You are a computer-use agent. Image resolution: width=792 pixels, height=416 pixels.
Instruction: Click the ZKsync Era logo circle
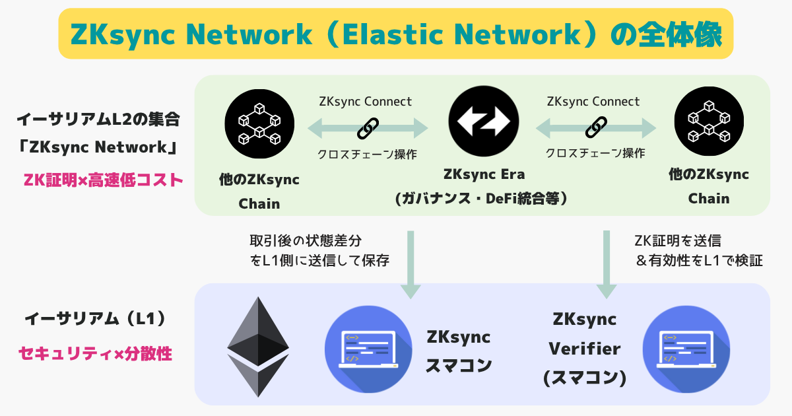click(x=484, y=122)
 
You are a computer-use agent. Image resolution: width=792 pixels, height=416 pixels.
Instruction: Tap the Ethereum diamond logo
click(x=258, y=347)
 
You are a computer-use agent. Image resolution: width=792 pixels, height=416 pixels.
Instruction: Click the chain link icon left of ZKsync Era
click(x=367, y=127)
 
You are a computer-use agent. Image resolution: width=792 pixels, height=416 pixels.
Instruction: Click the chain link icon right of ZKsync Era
click(x=595, y=127)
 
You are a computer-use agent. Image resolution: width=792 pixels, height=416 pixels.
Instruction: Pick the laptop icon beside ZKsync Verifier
click(x=686, y=350)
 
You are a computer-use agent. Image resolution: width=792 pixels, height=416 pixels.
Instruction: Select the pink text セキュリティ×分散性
click(x=96, y=354)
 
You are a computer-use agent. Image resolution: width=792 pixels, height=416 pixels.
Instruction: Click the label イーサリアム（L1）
click(x=94, y=319)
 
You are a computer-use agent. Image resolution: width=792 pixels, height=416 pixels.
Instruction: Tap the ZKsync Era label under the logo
click(x=484, y=175)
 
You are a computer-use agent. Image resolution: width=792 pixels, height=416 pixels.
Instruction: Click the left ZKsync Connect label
click(x=365, y=102)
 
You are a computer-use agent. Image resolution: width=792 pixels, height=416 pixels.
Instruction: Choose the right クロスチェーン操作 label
click(x=595, y=153)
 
